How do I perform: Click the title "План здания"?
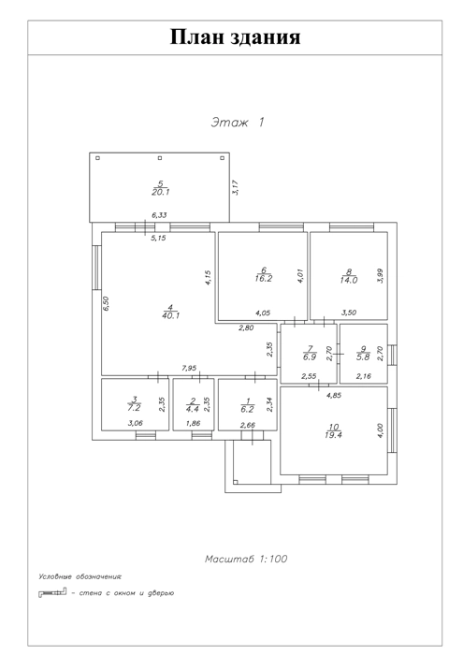(235, 36)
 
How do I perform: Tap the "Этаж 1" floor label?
(238, 123)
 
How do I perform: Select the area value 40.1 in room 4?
(171, 316)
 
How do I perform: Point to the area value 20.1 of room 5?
(161, 192)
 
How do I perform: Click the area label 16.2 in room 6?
(264, 278)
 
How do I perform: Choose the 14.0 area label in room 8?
(349, 281)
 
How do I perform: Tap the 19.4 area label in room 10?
(333, 435)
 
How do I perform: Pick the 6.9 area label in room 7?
(310, 357)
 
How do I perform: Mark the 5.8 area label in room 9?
(363, 357)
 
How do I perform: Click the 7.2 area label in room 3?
(135, 408)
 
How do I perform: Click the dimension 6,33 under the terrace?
(159, 215)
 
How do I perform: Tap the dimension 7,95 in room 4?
(189, 368)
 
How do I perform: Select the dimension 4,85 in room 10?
(334, 395)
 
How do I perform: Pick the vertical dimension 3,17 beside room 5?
(236, 187)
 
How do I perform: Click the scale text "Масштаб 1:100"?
(246, 559)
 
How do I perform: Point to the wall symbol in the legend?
(52, 592)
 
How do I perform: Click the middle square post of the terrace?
(160, 158)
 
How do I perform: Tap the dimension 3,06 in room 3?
(136, 423)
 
